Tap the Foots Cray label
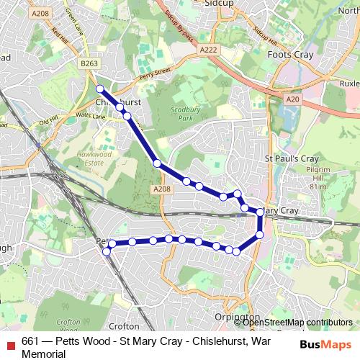coord(291,54)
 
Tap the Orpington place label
coord(236,317)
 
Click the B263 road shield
coord(90,64)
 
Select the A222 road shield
coord(208,49)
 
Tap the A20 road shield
coord(292,99)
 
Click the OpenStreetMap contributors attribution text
coord(297,323)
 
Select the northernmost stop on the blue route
coord(100,89)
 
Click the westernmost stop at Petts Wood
coord(107,251)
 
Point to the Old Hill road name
coord(48,122)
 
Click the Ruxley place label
coord(349,84)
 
